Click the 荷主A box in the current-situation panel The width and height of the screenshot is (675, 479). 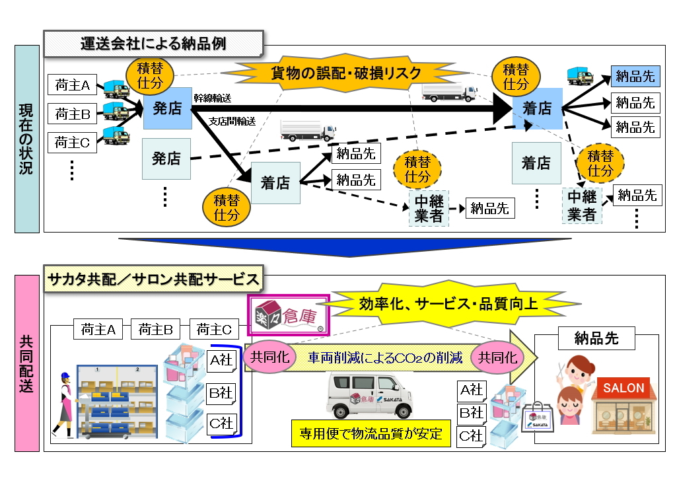coord(73,85)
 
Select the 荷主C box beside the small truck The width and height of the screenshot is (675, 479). coord(73,141)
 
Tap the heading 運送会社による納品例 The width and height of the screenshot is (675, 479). coord(153,44)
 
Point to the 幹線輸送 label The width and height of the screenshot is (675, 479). coord(212,98)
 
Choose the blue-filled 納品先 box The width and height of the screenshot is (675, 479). coord(635,76)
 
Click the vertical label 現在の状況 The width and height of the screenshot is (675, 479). coord(26,139)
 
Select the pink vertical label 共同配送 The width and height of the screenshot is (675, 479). coord(26,363)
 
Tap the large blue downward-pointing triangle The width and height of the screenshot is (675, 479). coord(344,246)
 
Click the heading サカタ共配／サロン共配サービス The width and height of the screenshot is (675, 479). coord(153,279)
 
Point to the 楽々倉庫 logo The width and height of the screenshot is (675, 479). coord(288,316)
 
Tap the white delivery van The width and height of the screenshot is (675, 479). coord(369,394)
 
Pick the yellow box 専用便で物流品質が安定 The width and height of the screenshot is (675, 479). coord(371,434)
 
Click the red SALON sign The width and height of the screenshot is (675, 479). coord(623,388)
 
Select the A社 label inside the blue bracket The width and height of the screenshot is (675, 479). coord(221,361)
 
